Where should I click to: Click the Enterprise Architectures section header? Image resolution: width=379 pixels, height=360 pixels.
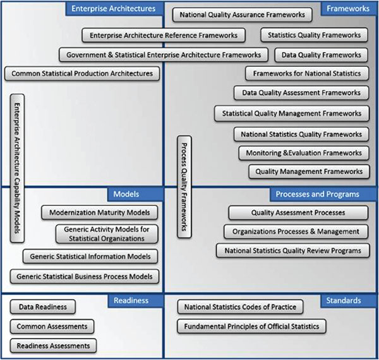[x=113, y=9]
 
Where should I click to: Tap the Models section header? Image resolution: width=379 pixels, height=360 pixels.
[x=126, y=194]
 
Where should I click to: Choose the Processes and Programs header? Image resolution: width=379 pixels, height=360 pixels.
[x=317, y=194]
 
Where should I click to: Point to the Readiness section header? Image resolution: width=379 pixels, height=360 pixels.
[x=131, y=301]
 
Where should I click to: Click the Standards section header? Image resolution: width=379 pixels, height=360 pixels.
[x=344, y=301]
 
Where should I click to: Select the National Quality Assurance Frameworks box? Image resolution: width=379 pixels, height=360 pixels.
[x=242, y=14]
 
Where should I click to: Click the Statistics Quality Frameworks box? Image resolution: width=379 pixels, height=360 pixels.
[x=314, y=35]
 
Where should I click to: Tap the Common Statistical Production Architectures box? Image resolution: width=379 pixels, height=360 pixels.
[x=82, y=74]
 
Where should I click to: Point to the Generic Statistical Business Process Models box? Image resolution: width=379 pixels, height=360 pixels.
[x=85, y=276]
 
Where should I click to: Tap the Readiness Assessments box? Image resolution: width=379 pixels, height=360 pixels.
[x=53, y=345]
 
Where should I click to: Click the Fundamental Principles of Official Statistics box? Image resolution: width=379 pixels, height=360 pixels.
[x=251, y=327]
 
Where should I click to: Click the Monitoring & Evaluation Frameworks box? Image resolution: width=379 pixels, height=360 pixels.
[x=303, y=152]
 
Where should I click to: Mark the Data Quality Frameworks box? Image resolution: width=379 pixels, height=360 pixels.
[x=322, y=55]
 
